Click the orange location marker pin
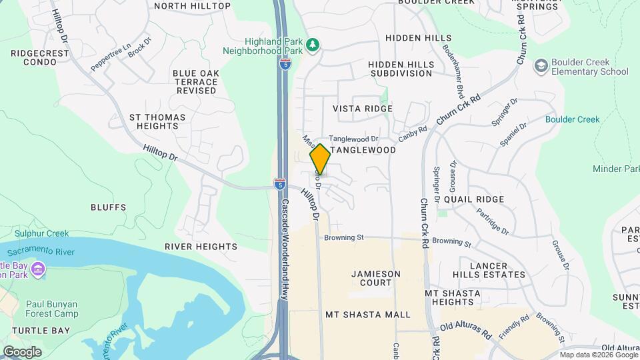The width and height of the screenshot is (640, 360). (320, 159)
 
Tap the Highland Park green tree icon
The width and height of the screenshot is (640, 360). (313, 46)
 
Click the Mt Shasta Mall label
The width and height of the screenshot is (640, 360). (367, 315)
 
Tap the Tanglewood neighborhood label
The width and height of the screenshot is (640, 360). (363, 151)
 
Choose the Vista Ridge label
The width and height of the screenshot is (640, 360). (362, 109)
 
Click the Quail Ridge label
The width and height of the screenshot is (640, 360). (474, 199)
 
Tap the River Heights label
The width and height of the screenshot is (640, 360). (201, 247)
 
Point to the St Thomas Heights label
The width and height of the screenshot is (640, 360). (157, 121)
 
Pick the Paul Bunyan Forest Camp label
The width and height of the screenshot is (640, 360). (53, 309)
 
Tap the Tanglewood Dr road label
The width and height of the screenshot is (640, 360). (353, 139)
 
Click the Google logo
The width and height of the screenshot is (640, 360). (22, 351)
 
